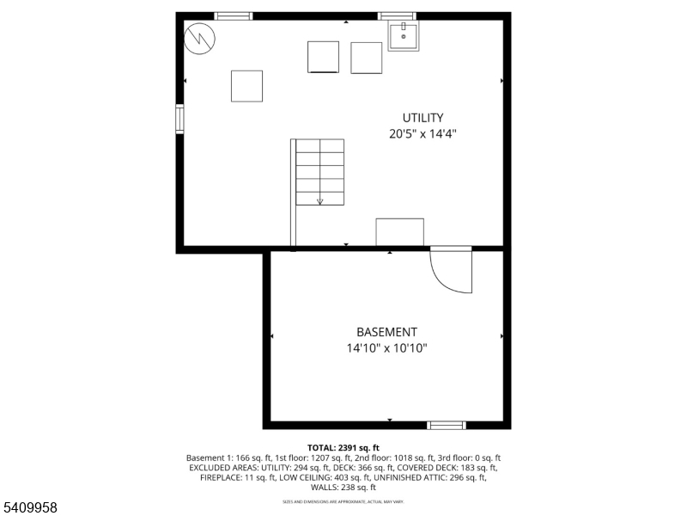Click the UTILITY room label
pyautogui.click(x=423, y=118)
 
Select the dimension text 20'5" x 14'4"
pyautogui.click(x=423, y=134)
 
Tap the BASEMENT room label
pyautogui.click(x=386, y=332)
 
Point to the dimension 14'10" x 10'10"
pyautogui.click(x=386, y=348)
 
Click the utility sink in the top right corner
pyautogui.click(x=404, y=36)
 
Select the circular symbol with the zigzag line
pyautogui.click(x=200, y=36)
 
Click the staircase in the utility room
pyautogui.click(x=319, y=172)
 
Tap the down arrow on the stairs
pyautogui.click(x=319, y=201)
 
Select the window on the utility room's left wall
pyautogui.click(x=179, y=119)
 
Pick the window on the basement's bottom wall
pyautogui.click(x=447, y=425)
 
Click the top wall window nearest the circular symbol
pyautogui.click(x=233, y=15)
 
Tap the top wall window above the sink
pyautogui.click(x=397, y=15)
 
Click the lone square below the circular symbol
pyautogui.click(x=246, y=86)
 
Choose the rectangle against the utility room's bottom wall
pyautogui.click(x=399, y=232)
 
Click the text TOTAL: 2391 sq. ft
pyautogui.click(x=343, y=448)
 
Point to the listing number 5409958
pyautogui.click(x=30, y=508)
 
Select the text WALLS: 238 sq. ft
pyautogui.click(x=343, y=488)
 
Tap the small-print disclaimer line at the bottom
pyautogui.click(x=343, y=501)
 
